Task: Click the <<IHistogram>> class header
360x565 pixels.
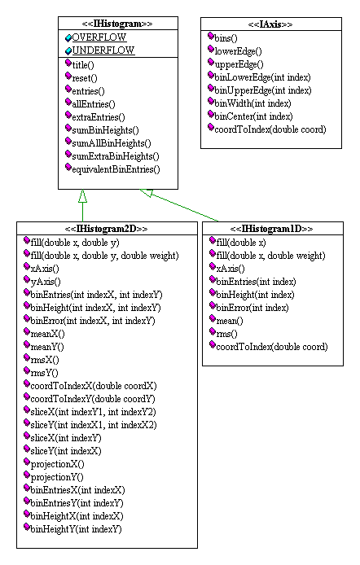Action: coord(117,24)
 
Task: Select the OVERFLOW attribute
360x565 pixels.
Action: coord(99,37)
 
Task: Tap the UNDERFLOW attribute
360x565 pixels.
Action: coord(103,50)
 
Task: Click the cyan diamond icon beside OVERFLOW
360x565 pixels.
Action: coord(68,37)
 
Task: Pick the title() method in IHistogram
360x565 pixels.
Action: coord(83,65)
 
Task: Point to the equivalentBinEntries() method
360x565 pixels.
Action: coord(116,169)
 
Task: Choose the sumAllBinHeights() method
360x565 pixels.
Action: coord(112,143)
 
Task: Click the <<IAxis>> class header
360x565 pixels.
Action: coord(270,24)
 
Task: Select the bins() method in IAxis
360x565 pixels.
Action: coord(226,38)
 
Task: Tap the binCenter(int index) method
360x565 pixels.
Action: coord(253,116)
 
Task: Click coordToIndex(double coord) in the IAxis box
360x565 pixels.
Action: coord(270,129)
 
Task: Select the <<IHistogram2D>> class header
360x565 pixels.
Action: coord(107,229)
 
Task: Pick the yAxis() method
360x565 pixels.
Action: coord(46,282)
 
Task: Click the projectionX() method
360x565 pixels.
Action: coord(57,464)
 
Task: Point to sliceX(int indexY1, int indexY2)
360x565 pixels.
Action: coord(94,412)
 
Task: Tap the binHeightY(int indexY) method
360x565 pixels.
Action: coord(76,529)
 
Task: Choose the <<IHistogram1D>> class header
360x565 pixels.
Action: coord(271,229)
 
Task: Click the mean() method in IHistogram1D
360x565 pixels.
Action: coord(230,321)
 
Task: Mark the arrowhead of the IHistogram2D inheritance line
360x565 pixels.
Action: coord(82,195)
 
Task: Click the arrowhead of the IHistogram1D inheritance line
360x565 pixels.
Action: coord(147,193)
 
